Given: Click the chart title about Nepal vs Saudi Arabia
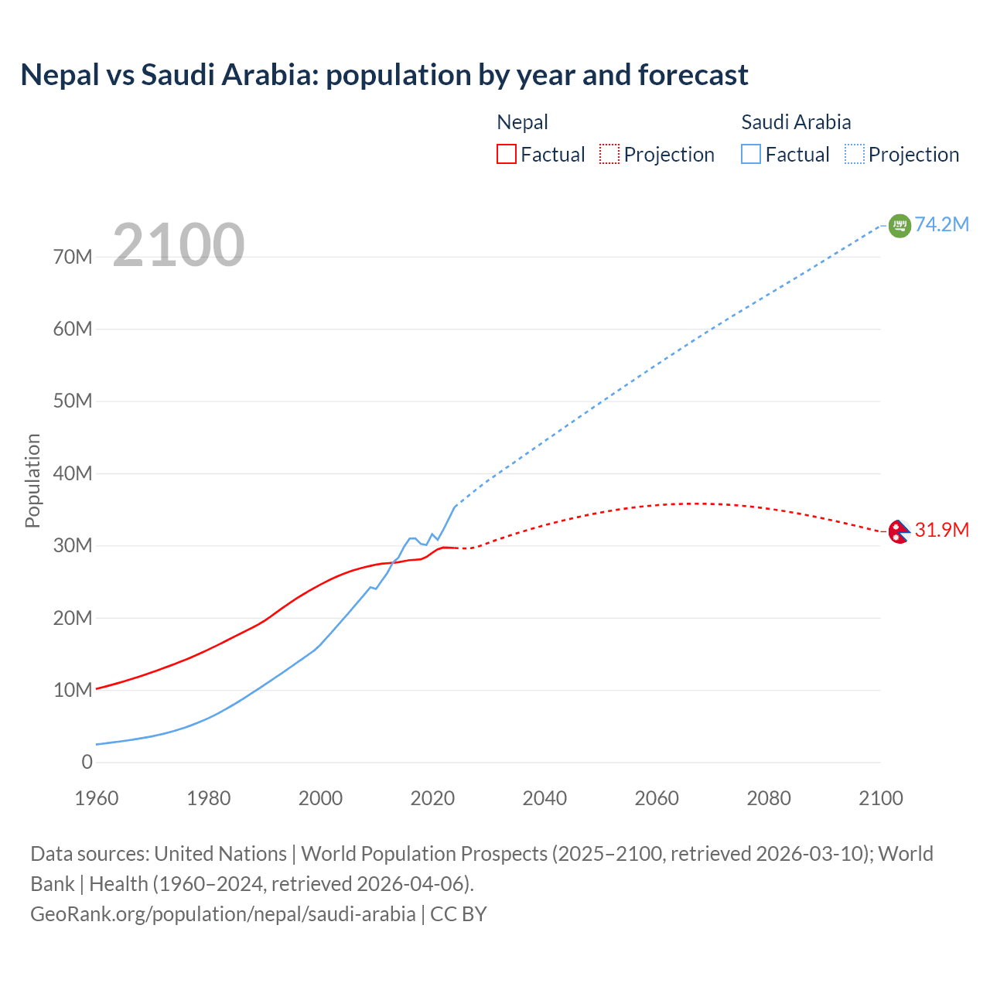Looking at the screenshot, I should (x=384, y=75).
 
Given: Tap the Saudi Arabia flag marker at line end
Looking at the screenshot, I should (x=900, y=225).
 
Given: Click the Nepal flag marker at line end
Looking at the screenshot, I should (x=898, y=531).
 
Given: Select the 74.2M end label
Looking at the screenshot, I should (x=941, y=224).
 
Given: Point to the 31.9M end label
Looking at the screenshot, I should (x=941, y=530).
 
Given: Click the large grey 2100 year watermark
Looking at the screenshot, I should (x=179, y=245).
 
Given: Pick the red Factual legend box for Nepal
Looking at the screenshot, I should (x=506, y=154).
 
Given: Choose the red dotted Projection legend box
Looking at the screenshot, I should (x=609, y=154).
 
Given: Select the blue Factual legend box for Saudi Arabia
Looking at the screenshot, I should (x=751, y=154).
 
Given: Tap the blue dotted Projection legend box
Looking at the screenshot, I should (x=855, y=154).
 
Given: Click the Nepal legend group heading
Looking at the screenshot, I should (x=522, y=122).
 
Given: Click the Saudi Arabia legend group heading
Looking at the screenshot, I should (x=796, y=122).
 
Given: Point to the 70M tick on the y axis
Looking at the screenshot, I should (x=73, y=257).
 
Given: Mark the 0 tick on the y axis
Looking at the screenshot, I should (x=87, y=762).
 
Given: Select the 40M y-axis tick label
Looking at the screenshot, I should (x=73, y=473).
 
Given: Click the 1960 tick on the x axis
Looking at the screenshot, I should (x=97, y=798).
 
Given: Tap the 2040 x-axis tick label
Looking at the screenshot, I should (x=544, y=798).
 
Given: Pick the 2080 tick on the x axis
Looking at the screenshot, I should (x=769, y=798).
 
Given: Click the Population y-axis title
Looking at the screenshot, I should (x=32, y=480).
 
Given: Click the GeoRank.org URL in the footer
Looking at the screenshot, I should (x=223, y=914).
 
